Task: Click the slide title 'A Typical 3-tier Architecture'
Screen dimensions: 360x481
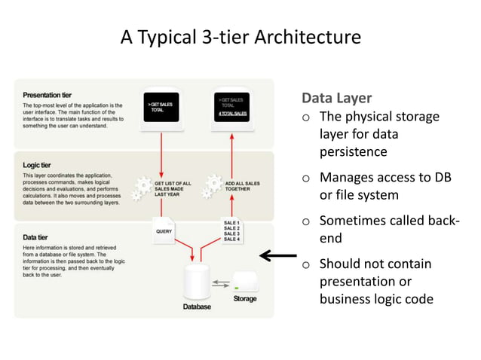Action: click(240, 37)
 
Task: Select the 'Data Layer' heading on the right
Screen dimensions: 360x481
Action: click(336, 99)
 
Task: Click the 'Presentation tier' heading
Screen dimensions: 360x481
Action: click(48, 95)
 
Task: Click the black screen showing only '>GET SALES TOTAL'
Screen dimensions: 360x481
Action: click(162, 108)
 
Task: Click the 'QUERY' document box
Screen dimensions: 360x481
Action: click(164, 232)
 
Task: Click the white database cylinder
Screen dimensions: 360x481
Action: click(197, 280)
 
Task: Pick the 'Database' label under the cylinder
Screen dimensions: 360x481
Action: click(197, 307)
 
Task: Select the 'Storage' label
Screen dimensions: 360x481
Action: click(245, 299)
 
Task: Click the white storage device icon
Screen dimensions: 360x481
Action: click(246, 282)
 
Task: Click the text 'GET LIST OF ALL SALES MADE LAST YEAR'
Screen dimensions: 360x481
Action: click(173, 188)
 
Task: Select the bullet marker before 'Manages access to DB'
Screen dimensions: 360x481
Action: click(306, 179)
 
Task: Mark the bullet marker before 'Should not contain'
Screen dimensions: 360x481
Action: click(306, 264)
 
